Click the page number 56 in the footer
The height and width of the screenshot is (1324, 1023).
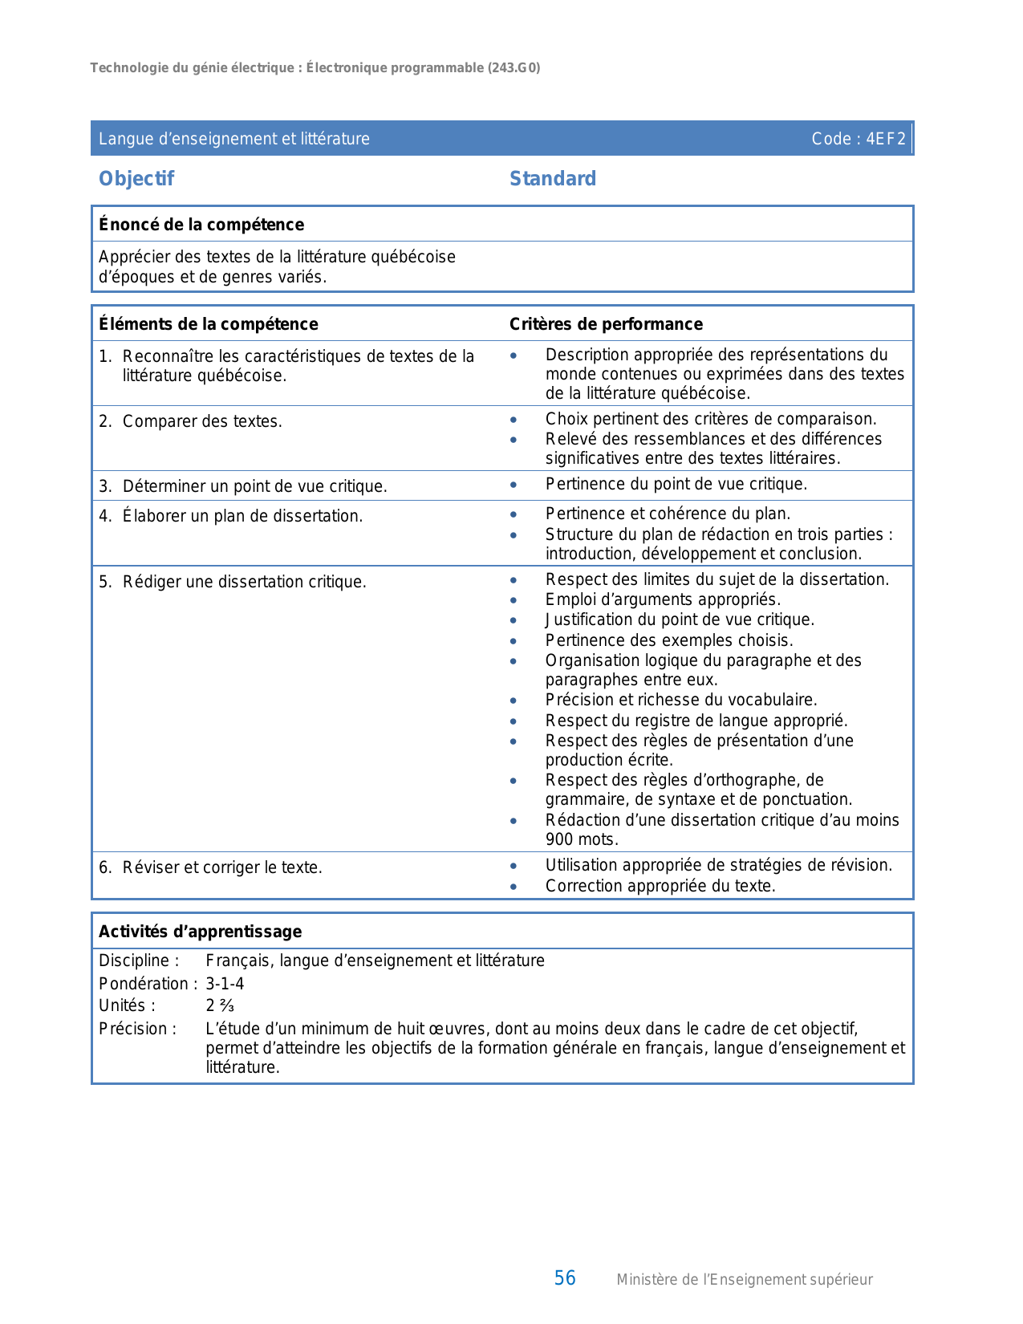(565, 1278)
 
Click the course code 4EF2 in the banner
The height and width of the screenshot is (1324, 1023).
(886, 139)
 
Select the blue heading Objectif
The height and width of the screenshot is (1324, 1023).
(136, 179)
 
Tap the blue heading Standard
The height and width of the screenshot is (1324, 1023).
(553, 179)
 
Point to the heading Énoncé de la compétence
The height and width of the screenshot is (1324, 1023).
(201, 225)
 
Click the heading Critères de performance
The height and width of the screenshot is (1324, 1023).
(606, 324)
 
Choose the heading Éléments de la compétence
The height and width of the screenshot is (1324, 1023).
(209, 324)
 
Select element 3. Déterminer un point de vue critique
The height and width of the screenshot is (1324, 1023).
(243, 486)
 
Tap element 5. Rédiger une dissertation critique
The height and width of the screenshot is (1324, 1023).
(233, 582)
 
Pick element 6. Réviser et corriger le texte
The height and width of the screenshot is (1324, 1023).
(211, 867)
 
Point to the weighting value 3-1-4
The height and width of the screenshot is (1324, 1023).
(225, 984)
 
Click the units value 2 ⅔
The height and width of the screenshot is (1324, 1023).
(220, 1006)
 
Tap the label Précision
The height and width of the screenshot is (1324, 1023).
(137, 1029)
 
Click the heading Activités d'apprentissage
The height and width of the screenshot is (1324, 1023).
(201, 932)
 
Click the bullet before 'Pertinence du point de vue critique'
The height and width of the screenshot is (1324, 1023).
(514, 485)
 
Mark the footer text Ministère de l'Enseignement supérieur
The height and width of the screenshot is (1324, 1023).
(744, 1280)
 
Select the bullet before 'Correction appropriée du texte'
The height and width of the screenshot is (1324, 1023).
(514, 887)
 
